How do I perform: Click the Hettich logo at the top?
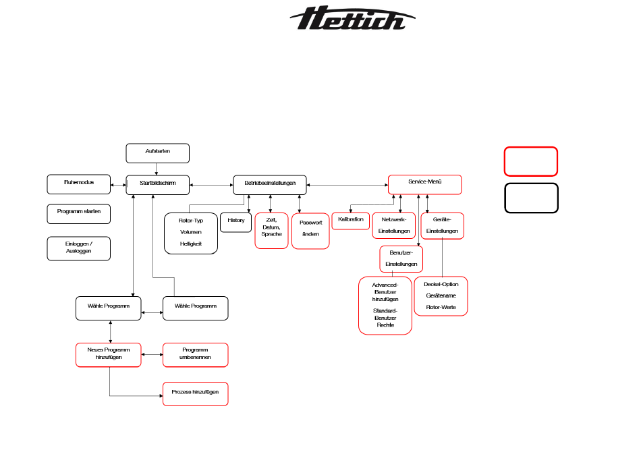pos(352,19)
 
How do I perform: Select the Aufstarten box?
pos(158,153)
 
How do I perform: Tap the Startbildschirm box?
pos(158,184)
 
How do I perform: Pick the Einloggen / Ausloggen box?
pos(78,248)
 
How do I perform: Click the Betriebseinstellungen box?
pos(270,184)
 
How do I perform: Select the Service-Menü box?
pos(424,184)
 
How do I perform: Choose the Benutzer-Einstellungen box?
pos(401,258)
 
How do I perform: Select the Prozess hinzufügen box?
pos(196,393)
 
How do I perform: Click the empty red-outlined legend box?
pos(530,162)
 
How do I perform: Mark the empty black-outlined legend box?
pos(530,198)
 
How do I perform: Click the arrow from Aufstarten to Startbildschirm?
pos(157,169)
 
